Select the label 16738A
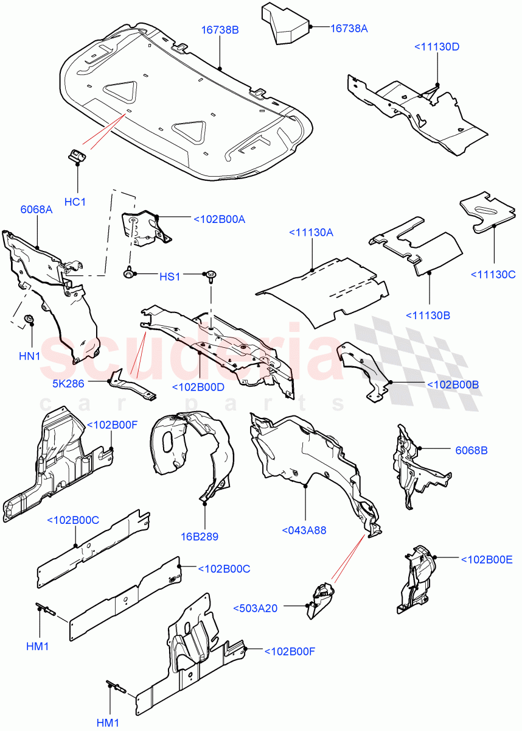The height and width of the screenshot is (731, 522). click(353, 28)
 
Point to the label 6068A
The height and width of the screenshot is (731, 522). click(37, 210)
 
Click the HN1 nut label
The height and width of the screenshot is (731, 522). click(29, 356)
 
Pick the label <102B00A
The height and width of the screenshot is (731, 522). click(219, 219)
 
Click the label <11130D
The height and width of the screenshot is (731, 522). click(437, 47)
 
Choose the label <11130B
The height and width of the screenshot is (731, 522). click(429, 315)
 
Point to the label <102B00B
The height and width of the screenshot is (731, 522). click(453, 384)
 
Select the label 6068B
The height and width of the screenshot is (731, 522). click(472, 450)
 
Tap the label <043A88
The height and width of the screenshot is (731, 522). click(304, 531)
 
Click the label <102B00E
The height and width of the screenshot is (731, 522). click(487, 559)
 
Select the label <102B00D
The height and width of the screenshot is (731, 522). click(198, 387)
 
